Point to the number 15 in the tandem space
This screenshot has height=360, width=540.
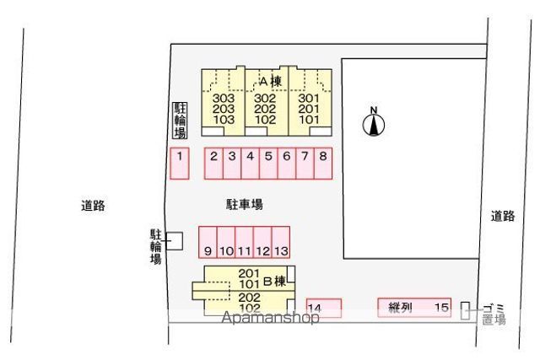pyautogui.click(x=442, y=308)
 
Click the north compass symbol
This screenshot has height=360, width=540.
pyautogui.click(x=374, y=125)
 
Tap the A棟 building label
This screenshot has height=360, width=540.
pyautogui.click(x=269, y=82)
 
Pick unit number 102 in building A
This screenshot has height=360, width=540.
pyautogui.click(x=266, y=120)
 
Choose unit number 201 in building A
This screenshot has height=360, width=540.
pyautogui.click(x=310, y=109)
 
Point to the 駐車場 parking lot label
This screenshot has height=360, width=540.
pyautogui.click(x=245, y=204)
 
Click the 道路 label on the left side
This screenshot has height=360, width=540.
pyautogui.click(x=93, y=205)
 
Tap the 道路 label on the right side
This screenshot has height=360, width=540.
pyautogui.click(x=503, y=216)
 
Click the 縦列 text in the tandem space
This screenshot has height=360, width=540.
pyautogui.click(x=400, y=308)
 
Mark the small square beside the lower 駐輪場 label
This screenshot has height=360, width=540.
pyautogui.click(x=175, y=240)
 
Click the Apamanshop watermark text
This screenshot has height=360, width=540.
pyautogui.click(x=270, y=318)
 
